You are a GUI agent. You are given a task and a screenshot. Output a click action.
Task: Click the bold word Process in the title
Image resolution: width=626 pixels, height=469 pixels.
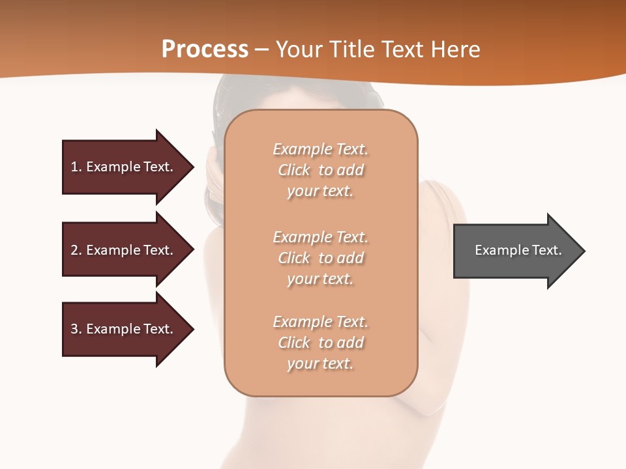point(205,50)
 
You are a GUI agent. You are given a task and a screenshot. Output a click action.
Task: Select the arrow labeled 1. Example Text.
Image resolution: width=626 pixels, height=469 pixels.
point(122,167)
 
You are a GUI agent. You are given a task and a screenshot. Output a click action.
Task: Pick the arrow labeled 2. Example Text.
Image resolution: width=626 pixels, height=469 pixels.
point(122,250)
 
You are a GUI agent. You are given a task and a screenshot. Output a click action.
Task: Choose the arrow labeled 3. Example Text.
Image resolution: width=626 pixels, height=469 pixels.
point(122,329)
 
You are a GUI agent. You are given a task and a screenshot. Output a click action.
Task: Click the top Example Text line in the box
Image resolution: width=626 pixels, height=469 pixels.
point(320,149)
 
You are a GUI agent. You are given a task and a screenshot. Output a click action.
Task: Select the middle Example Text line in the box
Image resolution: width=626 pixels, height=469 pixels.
point(320,237)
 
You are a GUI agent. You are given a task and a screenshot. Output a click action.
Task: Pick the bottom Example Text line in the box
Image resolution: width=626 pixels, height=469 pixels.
point(320,322)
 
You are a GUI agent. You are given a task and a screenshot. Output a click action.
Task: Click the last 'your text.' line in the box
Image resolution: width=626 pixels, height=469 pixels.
point(320,363)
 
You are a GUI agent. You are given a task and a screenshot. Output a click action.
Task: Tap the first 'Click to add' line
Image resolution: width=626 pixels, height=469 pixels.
point(320,170)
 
